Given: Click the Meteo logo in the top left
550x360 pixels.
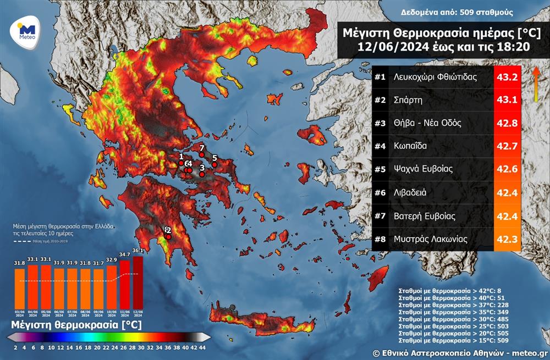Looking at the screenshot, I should tap(26, 32).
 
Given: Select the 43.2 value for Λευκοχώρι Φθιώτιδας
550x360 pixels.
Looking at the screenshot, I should tap(507, 77).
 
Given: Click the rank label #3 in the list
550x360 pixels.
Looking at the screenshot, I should tap(380, 123).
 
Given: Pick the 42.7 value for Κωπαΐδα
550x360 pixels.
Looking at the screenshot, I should tap(507, 146).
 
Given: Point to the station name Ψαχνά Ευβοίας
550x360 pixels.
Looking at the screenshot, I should tap(423, 169).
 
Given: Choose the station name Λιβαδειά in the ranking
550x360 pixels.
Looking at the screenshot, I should tap(410, 192).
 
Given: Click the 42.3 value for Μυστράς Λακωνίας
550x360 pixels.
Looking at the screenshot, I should tap(507, 239).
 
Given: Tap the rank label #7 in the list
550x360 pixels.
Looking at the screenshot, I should tap(380, 215).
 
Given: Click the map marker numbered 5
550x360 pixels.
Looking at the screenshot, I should tap(215, 164).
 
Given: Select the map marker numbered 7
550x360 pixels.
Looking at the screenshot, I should tap(202, 154).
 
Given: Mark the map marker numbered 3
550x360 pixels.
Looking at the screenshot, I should tap(202, 174).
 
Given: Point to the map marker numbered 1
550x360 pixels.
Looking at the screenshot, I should tap(181, 163).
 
